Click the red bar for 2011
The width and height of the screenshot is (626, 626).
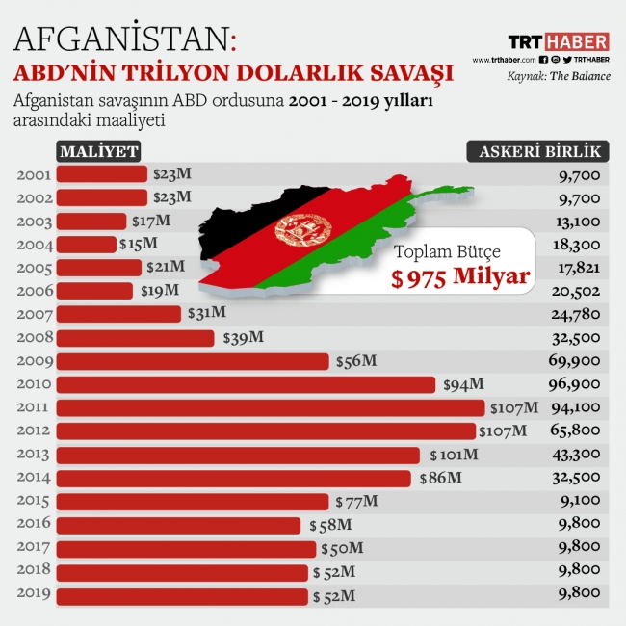[270, 407]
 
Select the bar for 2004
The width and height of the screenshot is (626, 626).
[86, 245]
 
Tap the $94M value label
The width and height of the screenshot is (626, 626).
[463, 384]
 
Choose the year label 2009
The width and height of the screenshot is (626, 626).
[35, 361]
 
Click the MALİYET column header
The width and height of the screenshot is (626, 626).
[98, 151]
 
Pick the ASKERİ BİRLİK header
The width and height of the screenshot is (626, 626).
[538, 151]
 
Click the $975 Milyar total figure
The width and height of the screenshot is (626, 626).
[460, 278]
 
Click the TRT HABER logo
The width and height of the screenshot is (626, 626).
[558, 41]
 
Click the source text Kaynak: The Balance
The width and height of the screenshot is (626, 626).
[559, 75]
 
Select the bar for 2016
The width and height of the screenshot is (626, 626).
[178, 525]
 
